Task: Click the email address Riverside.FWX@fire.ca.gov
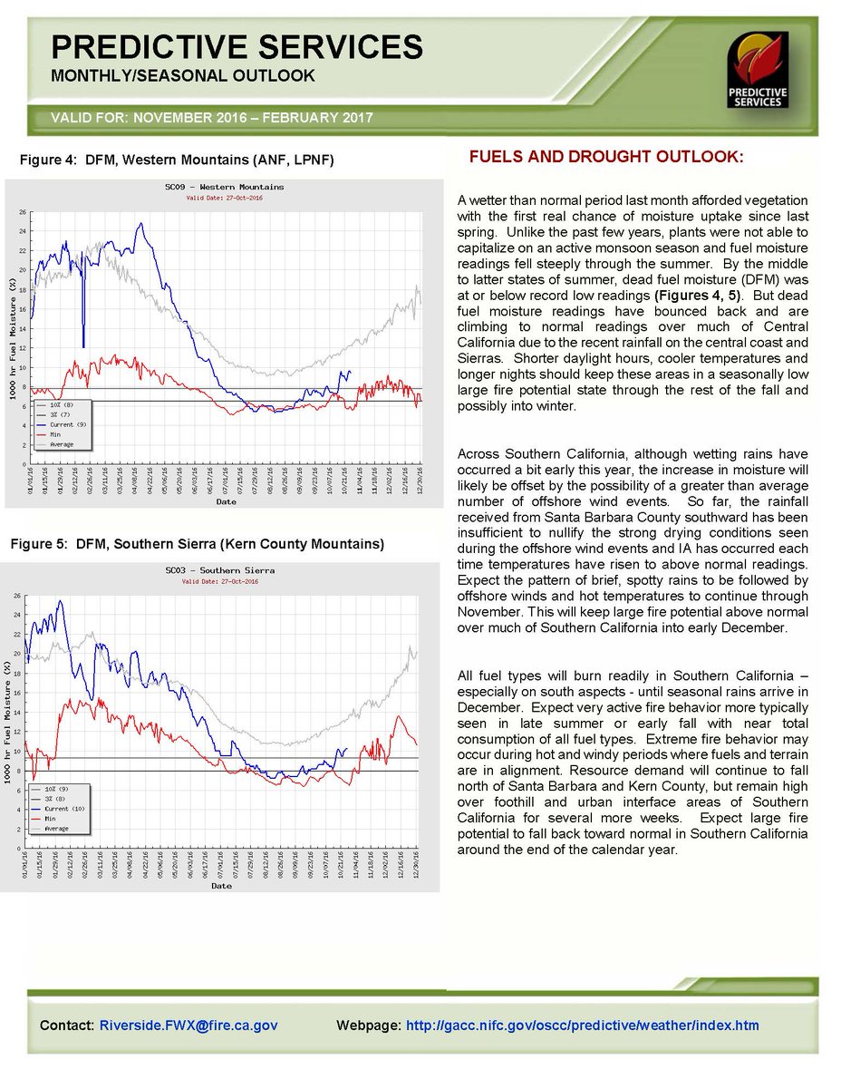pyautogui.click(x=188, y=1025)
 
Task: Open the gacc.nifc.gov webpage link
pyautogui.click(x=583, y=1025)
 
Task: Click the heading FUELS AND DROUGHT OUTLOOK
pyautogui.click(x=605, y=158)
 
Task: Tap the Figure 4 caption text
pyautogui.click(x=178, y=160)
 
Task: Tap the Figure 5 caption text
pyautogui.click(x=197, y=545)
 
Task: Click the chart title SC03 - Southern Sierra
pyautogui.click(x=219, y=570)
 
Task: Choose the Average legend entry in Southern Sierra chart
pyautogui.click(x=56, y=829)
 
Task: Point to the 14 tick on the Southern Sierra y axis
pyautogui.click(x=17, y=712)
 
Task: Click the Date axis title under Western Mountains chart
pyautogui.click(x=226, y=501)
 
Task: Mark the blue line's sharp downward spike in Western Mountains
pyautogui.click(x=83, y=345)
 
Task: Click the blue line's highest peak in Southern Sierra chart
pyautogui.click(x=61, y=601)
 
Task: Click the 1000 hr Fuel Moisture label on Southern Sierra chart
pyautogui.click(x=6, y=721)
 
